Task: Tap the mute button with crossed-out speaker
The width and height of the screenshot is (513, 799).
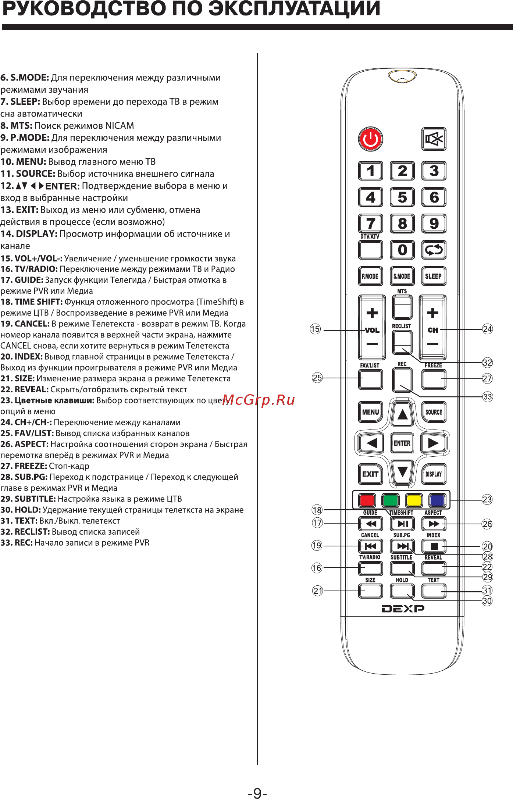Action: click(x=434, y=139)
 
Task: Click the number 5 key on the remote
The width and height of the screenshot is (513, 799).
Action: click(x=402, y=197)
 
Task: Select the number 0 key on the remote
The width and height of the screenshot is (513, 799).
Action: click(x=402, y=250)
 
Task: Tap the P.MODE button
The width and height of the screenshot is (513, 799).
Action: click(x=370, y=276)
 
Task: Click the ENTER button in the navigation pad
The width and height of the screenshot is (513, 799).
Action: click(x=402, y=443)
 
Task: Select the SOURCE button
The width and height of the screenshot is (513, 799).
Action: click(x=434, y=412)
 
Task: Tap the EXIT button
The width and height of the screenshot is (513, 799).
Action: click(x=370, y=474)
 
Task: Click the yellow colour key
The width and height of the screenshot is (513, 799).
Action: click(x=414, y=500)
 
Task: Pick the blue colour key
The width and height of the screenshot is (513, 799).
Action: click(x=437, y=500)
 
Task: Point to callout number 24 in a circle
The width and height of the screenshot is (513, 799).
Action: click(x=487, y=329)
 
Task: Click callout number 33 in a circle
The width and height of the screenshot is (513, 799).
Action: click(x=487, y=397)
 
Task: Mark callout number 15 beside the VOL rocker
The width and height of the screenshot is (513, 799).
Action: click(x=315, y=329)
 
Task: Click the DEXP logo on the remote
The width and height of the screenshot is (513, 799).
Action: click(x=403, y=609)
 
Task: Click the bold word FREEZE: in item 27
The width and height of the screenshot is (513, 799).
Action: click(x=31, y=466)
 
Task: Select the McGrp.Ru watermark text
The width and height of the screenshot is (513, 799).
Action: click(x=259, y=400)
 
